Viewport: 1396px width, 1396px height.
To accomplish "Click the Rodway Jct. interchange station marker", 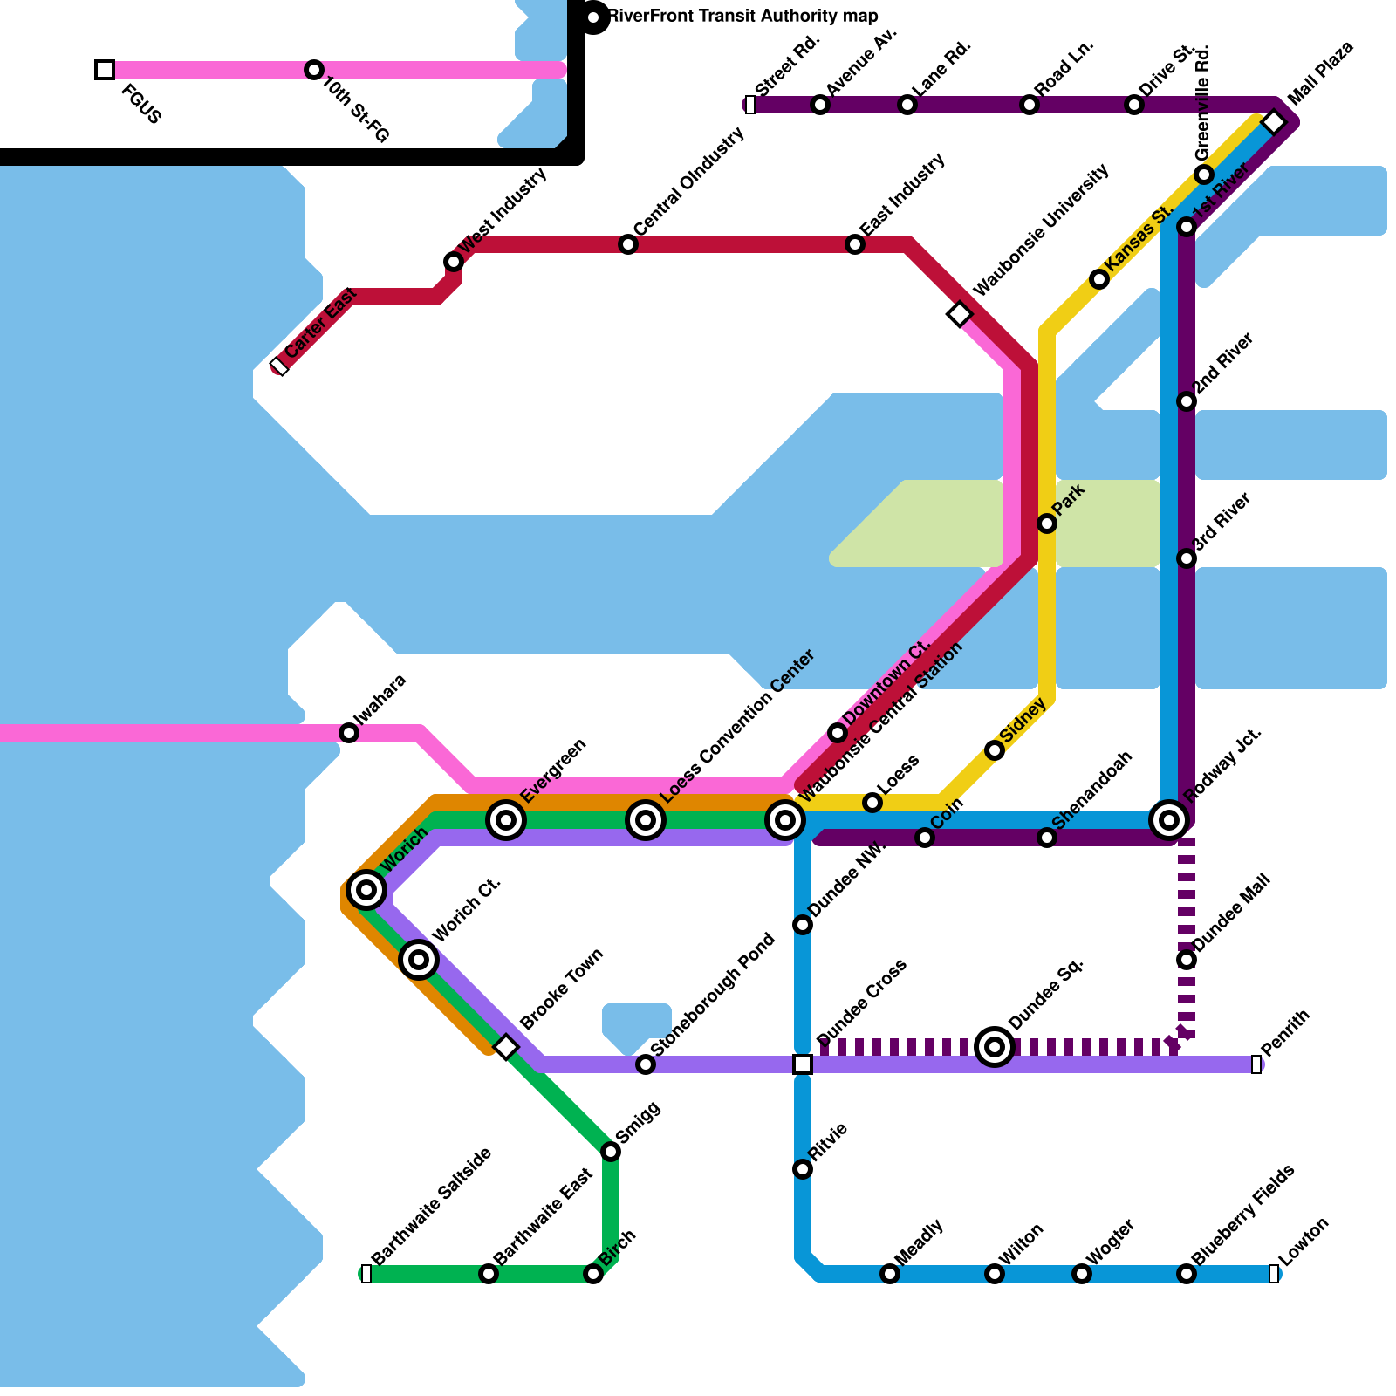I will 1169,820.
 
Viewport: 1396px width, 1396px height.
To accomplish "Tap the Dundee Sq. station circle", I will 995,1046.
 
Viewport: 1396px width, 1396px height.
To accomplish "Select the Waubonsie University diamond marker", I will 960,314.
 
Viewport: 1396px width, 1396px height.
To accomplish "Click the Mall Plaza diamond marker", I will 1274,122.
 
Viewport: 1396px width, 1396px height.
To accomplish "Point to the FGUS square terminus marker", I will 105,70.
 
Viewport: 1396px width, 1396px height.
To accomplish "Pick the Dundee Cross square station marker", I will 803,1064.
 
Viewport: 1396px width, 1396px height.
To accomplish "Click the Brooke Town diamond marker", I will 506,1046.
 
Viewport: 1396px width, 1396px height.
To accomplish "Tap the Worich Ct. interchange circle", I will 419,960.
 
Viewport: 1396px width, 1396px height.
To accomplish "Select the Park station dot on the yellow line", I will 1047,523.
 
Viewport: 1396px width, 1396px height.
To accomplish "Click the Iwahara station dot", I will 349,733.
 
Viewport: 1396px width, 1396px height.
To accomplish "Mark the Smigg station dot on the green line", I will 611,1152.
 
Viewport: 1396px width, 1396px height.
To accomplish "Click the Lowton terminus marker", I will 1274,1274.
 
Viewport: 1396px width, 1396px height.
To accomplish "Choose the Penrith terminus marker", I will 1256,1064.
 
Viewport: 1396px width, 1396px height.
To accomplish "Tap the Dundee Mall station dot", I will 1187,960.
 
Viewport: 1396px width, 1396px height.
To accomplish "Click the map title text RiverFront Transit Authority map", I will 742,17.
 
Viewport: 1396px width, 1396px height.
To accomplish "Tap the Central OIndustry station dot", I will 628,244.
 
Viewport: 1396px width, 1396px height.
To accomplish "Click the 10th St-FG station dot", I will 314,70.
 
